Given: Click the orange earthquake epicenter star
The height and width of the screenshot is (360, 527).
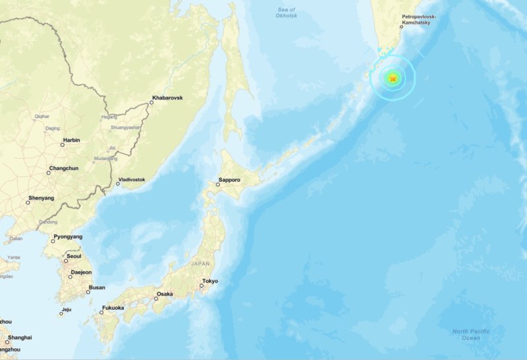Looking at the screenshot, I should coord(393,78).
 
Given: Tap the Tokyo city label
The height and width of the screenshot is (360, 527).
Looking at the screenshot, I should coord(210,282).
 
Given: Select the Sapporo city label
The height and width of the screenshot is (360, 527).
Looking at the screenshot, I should coord(229,180).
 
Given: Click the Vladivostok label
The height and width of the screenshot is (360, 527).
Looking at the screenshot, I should coord(131,180).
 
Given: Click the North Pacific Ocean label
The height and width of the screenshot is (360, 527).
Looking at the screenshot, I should coord(470,334).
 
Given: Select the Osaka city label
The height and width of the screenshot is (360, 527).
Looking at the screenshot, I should coord(165,294).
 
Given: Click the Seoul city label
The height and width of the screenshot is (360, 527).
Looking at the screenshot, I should coord(74,256).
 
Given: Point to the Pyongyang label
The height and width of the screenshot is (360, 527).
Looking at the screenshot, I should coord(68,236).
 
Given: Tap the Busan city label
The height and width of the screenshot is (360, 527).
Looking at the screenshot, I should coord(97,287).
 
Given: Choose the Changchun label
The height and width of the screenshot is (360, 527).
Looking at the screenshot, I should coord(63,168).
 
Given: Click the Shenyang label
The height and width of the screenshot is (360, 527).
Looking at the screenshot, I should coord(41,198).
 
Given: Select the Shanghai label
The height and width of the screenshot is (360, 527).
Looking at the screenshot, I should coord(20,338).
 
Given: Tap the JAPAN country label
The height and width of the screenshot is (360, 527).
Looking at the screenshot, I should coord(200,263).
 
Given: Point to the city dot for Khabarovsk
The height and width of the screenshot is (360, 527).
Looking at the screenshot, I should coord(151,103).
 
